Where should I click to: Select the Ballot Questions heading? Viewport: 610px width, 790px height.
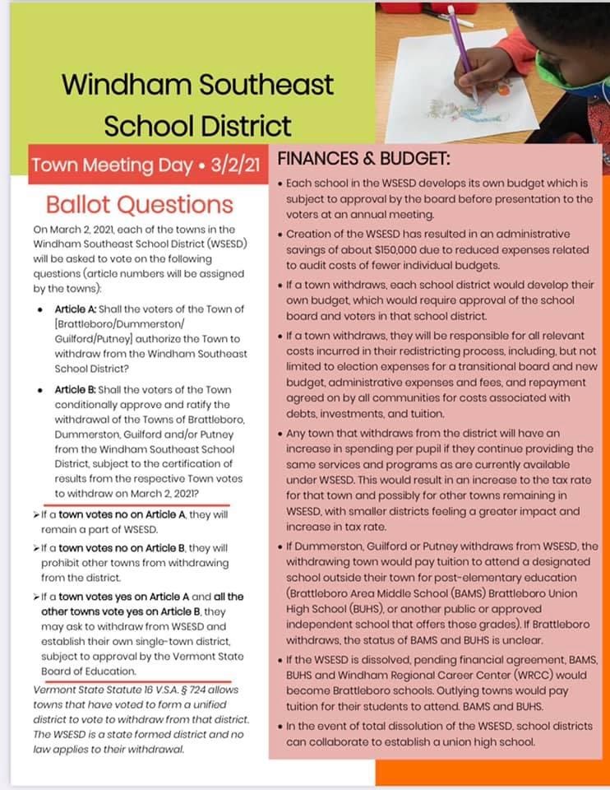tap(139, 204)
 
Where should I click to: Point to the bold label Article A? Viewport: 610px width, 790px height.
tap(79, 309)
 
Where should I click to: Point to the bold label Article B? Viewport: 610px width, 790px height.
tap(79, 389)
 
